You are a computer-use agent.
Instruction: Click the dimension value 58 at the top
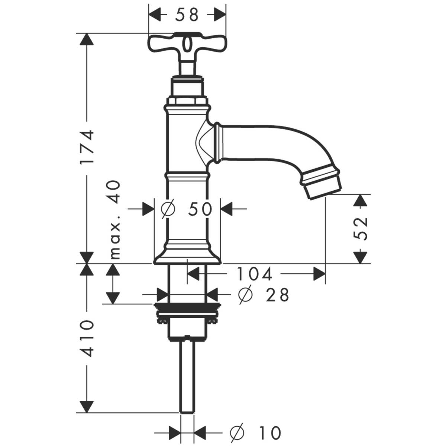pos(187,15)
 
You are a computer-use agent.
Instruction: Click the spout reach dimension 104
pos(255,274)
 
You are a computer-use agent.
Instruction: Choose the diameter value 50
pos(200,209)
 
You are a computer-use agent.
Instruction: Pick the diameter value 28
pos(277,295)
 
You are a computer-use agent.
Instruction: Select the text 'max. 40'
pos(115,219)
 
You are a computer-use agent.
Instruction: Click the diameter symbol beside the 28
pos(246,295)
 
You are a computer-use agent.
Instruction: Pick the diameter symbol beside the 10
pos(238,432)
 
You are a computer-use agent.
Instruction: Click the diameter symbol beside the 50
pos(168,209)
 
